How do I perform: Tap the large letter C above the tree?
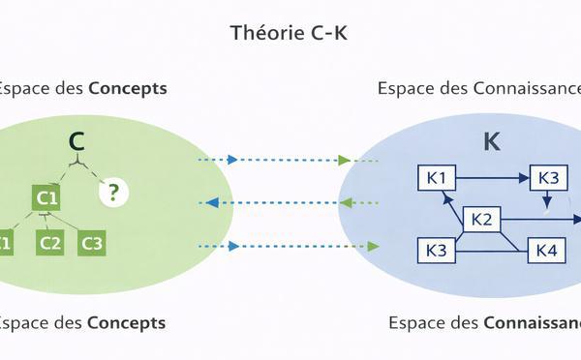[76, 142]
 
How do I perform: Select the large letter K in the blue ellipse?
[492, 141]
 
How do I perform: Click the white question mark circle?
[113, 192]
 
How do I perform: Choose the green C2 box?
[50, 243]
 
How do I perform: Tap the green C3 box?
[92, 243]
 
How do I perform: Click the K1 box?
[436, 178]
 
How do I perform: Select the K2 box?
[481, 220]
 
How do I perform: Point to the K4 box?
[545, 251]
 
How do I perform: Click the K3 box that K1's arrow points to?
[548, 178]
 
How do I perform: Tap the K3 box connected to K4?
[436, 251]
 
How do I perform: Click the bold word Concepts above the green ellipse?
[128, 88]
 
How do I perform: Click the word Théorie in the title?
[261, 32]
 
